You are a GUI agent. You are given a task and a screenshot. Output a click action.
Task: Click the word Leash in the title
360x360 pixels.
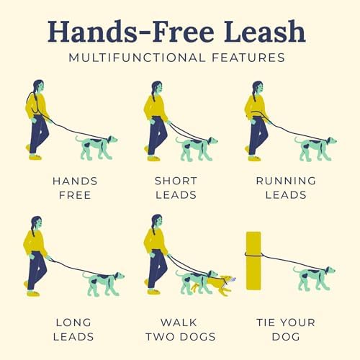[x=264, y=31]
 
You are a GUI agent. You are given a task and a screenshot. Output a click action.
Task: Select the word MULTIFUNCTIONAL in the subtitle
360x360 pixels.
[x=137, y=58]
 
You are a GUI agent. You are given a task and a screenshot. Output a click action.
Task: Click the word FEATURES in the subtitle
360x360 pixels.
[x=248, y=58]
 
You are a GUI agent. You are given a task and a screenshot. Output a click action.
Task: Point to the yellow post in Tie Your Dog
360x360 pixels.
[x=253, y=261]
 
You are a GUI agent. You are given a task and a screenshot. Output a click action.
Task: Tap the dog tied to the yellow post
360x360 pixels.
[x=314, y=279]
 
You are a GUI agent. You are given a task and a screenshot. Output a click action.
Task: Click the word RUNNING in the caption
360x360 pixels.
[x=286, y=181]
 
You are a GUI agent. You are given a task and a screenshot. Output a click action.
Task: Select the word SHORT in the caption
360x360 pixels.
[x=176, y=181]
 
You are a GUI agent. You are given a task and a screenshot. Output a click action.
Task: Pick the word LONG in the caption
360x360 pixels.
[x=73, y=323]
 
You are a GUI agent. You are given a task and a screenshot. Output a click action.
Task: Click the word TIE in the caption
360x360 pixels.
[x=265, y=323]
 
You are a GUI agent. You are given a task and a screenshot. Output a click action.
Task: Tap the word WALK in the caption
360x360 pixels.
[x=179, y=323]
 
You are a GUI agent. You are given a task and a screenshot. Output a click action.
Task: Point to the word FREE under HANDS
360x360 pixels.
[x=75, y=195]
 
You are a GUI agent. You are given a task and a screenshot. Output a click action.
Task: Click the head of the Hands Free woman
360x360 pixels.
[x=39, y=86]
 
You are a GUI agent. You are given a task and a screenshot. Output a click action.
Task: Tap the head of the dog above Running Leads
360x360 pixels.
[x=331, y=140]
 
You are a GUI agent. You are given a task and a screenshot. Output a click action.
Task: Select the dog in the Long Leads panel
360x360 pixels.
[x=104, y=284]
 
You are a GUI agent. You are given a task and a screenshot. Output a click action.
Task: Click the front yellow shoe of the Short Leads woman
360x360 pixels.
[x=153, y=158]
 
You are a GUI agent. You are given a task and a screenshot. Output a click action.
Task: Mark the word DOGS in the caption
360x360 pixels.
[x=198, y=337]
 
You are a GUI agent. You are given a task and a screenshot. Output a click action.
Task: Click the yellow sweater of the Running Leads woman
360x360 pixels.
[x=256, y=106]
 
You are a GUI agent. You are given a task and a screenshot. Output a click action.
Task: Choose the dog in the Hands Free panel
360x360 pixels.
[x=96, y=148]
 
